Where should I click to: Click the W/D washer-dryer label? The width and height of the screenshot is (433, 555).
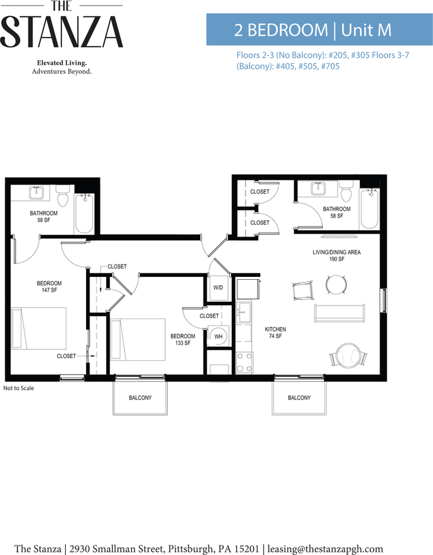pyautogui.click(x=218, y=287)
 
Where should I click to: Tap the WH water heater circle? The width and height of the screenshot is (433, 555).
pyautogui.click(x=218, y=336)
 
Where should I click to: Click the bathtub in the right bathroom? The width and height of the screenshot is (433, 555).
pyautogui.click(x=369, y=209)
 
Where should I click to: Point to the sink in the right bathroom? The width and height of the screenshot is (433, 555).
pyautogui.click(x=319, y=188)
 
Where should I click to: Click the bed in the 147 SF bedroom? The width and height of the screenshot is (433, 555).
pyautogui.click(x=39, y=328)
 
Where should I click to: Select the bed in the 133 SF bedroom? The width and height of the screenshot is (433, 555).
pyautogui.click(x=138, y=339)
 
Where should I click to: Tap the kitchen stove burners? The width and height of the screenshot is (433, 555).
pyautogui.click(x=244, y=362)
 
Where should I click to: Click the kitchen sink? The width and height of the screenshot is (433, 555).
pyautogui.click(x=244, y=312)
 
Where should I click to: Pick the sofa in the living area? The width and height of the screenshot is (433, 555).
pyautogui.click(x=339, y=313)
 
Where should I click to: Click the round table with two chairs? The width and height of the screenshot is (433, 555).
pyautogui.click(x=349, y=355)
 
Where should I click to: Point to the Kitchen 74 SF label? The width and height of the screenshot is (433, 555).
pyautogui.click(x=275, y=332)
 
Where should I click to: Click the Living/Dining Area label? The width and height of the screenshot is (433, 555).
pyautogui.click(x=337, y=255)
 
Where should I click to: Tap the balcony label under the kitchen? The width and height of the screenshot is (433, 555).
pyautogui.click(x=299, y=398)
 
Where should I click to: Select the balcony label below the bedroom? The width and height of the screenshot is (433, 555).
pyautogui.click(x=140, y=398)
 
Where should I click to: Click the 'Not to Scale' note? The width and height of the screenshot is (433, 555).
pyautogui.click(x=18, y=388)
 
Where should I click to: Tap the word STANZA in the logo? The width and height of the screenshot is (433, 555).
pyautogui.click(x=62, y=32)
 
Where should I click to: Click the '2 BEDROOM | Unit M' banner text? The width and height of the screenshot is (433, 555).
pyautogui.click(x=313, y=29)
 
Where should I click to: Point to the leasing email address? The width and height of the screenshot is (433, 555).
pyautogui.click(x=325, y=549)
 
